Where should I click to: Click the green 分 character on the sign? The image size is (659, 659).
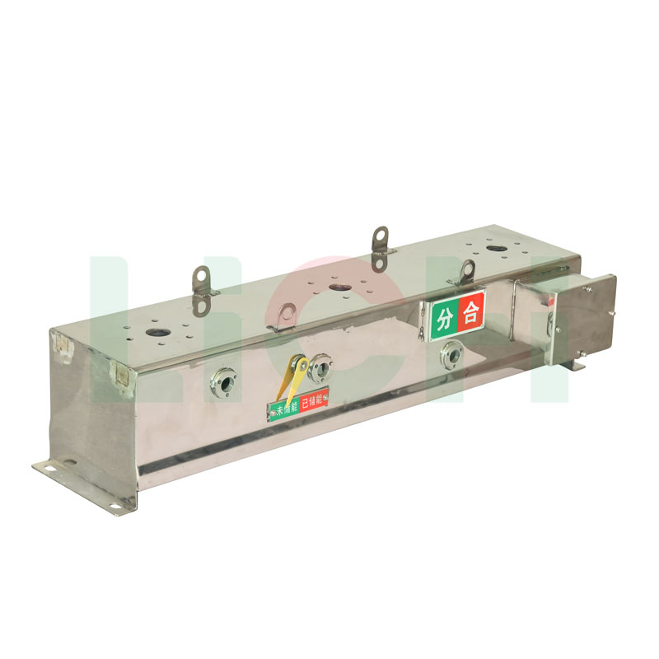(445, 317)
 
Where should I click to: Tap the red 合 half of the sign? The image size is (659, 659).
(471, 313)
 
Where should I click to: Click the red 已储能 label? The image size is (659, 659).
(315, 401)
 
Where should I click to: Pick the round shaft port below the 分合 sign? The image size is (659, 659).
(451, 354)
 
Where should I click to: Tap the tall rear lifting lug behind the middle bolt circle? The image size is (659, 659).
(380, 247)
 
